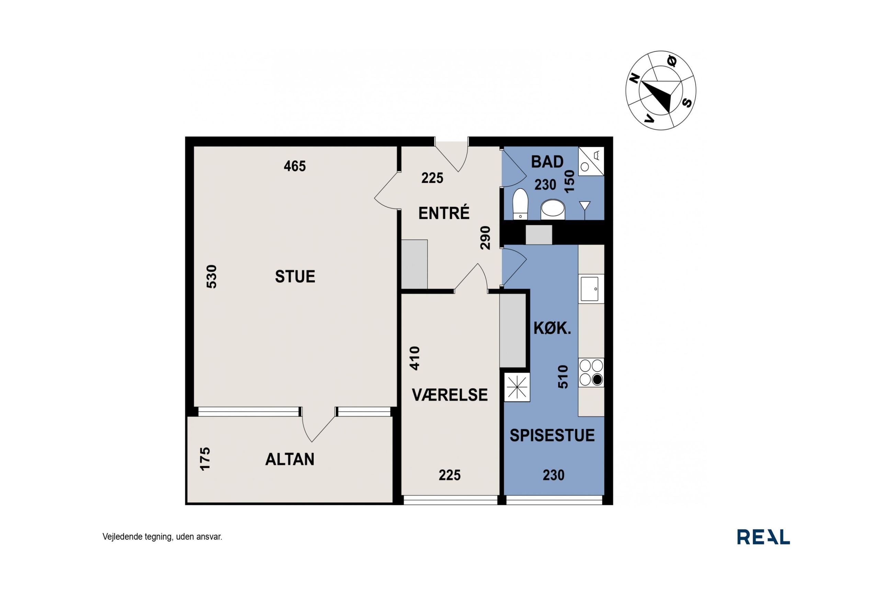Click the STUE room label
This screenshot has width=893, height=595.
[295, 277]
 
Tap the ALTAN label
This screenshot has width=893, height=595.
[290, 459]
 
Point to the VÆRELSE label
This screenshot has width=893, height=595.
[450, 395]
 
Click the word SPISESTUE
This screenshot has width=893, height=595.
[552, 435]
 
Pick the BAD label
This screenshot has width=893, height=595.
[547, 162]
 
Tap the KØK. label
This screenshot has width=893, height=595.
[552, 328]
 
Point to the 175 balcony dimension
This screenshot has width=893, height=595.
[205, 459]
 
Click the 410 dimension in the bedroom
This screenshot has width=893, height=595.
[415, 358]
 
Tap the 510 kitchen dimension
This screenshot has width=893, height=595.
[563, 377]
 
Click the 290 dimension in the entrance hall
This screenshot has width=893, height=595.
[485, 238]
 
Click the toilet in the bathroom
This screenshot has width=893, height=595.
[520, 204]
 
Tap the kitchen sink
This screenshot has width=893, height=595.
[589, 289]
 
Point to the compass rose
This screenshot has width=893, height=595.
[661, 90]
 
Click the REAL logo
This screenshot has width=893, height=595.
[763, 537]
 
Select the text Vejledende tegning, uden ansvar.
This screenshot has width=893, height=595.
[162, 537]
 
